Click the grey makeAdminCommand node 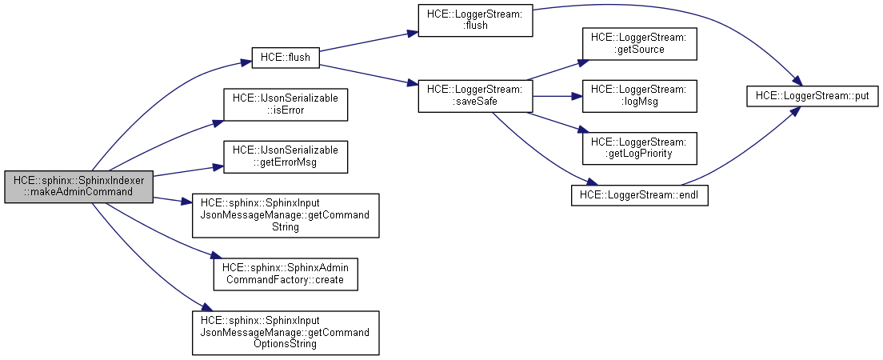point(78,186)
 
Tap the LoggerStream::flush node point(475,19)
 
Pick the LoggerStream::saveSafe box point(475,97)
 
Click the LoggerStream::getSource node point(639,43)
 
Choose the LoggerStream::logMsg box point(639,96)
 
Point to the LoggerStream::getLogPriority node point(639,147)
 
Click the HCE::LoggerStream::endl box point(639,194)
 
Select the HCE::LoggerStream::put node point(813,96)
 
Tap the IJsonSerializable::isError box point(286,104)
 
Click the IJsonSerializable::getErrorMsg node point(286,156)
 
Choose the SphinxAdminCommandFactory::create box point(286,274)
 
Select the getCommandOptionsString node point(286,333)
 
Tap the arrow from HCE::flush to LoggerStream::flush point(368,45)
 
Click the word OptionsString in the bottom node point(286,344)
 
